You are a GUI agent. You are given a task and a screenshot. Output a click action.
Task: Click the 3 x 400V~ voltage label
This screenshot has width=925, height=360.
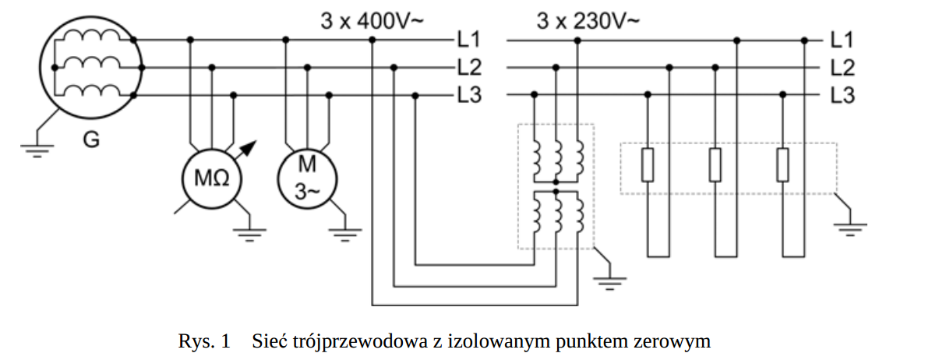pyautogui.click(x=372, y=20)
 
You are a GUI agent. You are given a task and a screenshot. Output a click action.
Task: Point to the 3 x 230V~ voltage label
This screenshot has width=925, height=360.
pyautogui.click(x=588, y=20)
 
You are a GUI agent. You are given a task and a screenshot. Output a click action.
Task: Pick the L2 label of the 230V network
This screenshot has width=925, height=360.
pyautogui.click(x=842, y=68)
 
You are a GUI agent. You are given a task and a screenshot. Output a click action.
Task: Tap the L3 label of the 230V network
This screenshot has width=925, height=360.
pyautogui.click(x=842, y=96)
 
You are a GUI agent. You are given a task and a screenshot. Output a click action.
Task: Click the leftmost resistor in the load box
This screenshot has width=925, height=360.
pyautogui.click(x=647, y=166)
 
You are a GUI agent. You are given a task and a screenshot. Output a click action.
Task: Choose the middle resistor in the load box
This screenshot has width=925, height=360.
pyautogui.click(x=715, y=166)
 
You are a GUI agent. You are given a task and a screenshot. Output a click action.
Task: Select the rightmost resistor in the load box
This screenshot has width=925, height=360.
pyautogui.click(x=782, y=166)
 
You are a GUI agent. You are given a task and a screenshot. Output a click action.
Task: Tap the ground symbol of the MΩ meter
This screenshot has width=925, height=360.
pyautogui.click(x=251, y=232)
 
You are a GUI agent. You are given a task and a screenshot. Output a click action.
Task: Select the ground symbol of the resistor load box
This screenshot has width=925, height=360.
pyautogui.click(x=851, y=228)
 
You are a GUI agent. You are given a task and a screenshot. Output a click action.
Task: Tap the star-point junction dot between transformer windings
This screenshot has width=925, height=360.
pyautogui.click(x=555, y=189)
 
